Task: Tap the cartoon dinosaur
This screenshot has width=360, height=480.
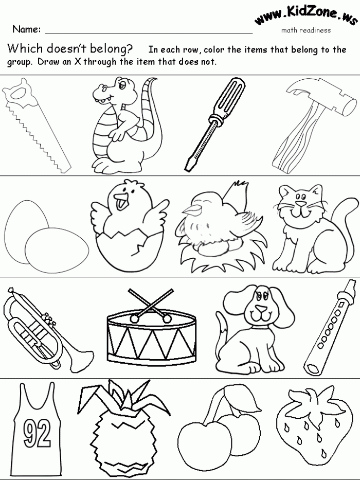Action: pos(123,123)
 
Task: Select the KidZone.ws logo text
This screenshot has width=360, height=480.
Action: pos(306,17)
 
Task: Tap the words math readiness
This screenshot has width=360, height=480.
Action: pos(305,30)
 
